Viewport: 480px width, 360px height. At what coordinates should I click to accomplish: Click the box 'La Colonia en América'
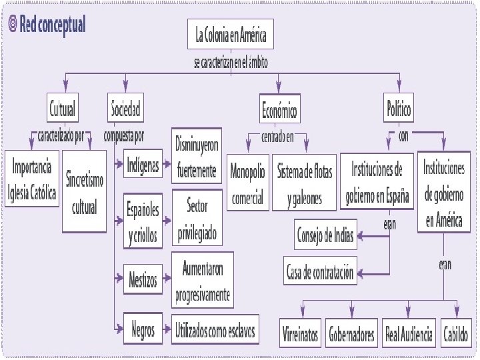click(231, 36)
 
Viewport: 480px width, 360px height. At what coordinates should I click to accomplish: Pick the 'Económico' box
click(279, 109)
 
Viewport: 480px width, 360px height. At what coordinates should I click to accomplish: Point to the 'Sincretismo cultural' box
click(85, 191)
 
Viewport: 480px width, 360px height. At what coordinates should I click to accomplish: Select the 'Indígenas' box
click(141, 166)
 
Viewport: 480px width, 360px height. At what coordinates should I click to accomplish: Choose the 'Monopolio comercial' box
click(247, 183)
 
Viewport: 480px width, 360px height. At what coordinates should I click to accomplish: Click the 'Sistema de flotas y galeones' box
click(304, 183)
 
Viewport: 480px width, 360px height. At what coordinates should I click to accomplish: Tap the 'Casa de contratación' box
click(321, 272)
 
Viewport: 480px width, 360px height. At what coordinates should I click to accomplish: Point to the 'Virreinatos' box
click(301, 333)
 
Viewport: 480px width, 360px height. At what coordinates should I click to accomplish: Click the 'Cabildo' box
click(457, 333)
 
